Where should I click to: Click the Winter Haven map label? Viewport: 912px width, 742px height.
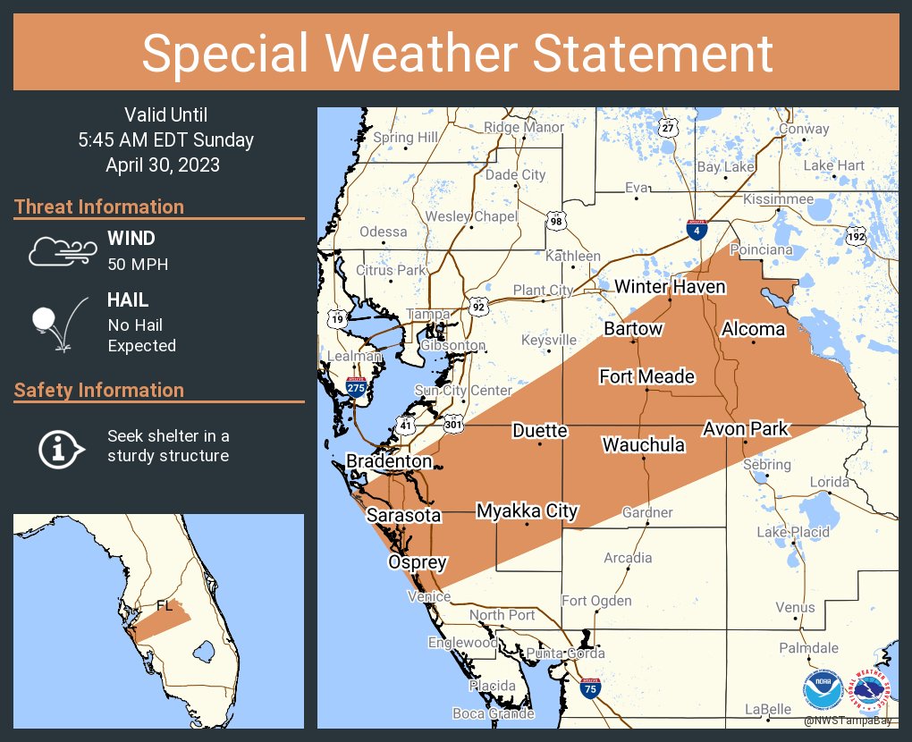click(x=670, y=287)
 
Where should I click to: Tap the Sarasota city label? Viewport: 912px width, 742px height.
click(x=403, y=516)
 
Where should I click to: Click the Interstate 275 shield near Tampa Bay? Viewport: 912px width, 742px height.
click(x=356, y=388)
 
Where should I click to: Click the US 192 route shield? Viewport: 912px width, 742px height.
click(x=856, y=236)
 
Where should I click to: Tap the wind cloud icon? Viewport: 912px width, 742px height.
click(x=61, y=251)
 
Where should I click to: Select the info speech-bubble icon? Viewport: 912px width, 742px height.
click(x=60, y=447)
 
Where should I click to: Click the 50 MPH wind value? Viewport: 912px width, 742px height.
click(x=138, y=265)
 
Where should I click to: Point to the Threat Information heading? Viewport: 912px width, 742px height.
click(x=99, y=207)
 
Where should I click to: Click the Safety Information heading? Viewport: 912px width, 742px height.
click(x=99, y=390)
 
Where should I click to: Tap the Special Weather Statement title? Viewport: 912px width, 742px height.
click(x=456, y=53)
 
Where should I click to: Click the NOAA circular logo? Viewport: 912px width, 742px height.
click(x=822, y=689)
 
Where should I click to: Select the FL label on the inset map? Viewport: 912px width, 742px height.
click(x=165, y=605)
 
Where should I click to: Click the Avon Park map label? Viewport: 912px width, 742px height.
click(x=745, y=429)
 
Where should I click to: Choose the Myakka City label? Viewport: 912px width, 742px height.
click(x=527, y=511)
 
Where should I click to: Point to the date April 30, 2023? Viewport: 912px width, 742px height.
click(x=163, y=164)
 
